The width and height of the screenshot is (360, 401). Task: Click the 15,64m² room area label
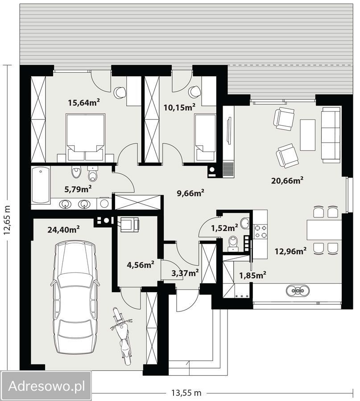coord(84,102)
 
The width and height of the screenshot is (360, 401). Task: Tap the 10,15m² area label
coord(179,107)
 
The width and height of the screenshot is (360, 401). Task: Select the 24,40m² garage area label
coord(63,229)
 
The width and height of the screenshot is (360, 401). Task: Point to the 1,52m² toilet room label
coord(224,228)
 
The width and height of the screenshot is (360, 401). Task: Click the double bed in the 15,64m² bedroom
coord(86,137)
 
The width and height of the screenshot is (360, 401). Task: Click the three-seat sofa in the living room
coord(331,135)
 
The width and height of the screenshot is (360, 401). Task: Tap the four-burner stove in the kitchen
coord(260,231)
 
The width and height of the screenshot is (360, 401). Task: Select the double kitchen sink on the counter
coord(298,291)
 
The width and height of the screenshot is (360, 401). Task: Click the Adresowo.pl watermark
coord(46,386)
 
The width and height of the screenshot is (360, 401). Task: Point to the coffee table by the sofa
coord(307,135)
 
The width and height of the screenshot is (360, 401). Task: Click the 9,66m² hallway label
coord(190,193)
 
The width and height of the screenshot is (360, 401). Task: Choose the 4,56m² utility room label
coord(141,264)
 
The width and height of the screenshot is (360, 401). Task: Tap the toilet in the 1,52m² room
coord(233,243)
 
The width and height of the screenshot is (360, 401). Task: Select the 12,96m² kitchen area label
coord(290,251)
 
